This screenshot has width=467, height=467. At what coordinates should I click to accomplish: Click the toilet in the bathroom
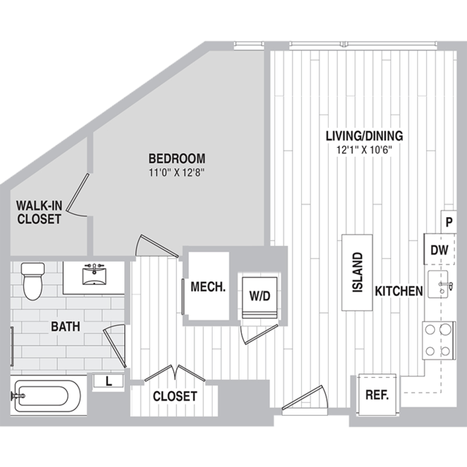[x=33, y=281]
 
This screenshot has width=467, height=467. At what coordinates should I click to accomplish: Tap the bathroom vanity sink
[x=94, y=276]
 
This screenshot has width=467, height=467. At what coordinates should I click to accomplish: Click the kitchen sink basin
[x=438, y=284]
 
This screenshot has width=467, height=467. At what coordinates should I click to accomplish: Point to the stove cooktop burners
[x=438, y=341]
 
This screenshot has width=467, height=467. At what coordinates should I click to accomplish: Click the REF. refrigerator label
[x=377, y=395]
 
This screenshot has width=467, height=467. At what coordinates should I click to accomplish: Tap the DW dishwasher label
[x=439, y=250]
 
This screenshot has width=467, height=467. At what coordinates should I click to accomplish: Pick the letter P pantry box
[x=449, y=222]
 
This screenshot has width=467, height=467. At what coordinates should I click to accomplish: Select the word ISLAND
[x=357, y=272]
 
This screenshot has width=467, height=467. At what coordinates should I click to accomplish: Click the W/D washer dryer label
[x=260, y=296]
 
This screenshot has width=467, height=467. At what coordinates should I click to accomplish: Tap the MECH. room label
[x=208, y=286]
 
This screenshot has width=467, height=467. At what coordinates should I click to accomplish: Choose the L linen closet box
[x=108, y=381]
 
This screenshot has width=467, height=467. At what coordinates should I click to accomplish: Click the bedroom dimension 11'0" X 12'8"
[x=177, y=172]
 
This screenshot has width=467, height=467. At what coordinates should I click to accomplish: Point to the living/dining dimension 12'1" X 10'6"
[x=364, y=150]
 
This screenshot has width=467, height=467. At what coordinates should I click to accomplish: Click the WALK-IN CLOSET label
[x=39, y=213]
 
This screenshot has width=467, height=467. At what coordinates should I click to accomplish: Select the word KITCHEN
[x=399, y=292]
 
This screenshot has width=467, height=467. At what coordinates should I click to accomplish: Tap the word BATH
[x=66, y=327]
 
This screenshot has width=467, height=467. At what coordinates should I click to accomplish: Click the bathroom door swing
[x=115, y=346]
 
